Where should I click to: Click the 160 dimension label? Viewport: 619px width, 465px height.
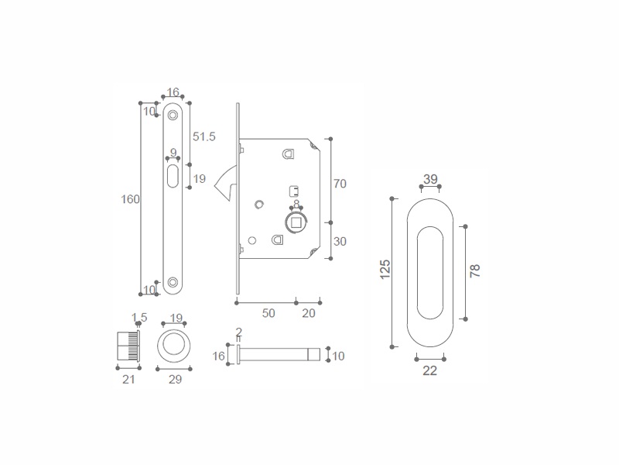(130, 199)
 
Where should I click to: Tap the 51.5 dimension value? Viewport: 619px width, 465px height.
(204, 136)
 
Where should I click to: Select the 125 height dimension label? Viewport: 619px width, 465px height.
(385, 269)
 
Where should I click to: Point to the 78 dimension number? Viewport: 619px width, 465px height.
(475, 270)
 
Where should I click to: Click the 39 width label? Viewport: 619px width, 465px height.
(430, 179)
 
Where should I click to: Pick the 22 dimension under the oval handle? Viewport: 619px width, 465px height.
(430, 370)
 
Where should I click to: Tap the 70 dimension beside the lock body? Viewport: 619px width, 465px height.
(340, 184)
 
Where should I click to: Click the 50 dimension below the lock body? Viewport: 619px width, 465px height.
(268, 313)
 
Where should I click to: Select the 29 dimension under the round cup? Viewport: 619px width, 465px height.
(175, 379)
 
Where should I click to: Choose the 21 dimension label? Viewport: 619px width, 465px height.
(128, 379)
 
